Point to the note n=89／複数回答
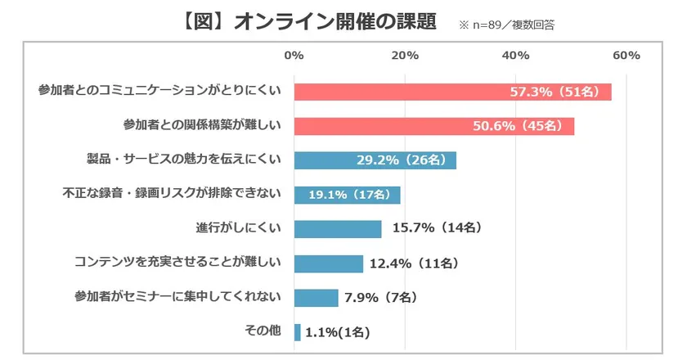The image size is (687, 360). [x=507, y=25]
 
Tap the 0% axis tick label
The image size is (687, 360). [x=294, y=56]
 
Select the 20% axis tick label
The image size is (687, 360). [x=405, y=56]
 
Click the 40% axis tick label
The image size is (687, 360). [x=515, y=56]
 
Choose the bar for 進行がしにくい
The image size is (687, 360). [x=337, y=229]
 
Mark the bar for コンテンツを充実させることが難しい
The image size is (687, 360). [x=328, y=263]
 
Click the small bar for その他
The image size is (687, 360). [x=297, y=332]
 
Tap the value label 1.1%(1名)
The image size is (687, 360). [x=338, y=332]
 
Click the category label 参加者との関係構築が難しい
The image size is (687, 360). [x=202, y=126]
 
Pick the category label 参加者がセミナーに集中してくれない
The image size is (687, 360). [x=177, y=296]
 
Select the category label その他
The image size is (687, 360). [x=263, y=331]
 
